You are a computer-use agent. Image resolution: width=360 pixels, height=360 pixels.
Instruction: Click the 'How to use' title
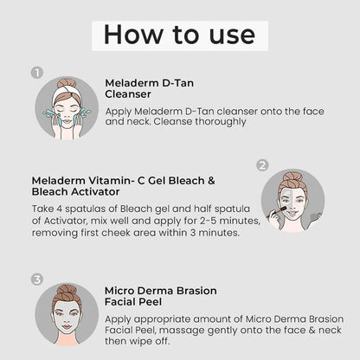179,35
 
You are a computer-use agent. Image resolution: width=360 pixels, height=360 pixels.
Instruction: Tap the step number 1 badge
37,73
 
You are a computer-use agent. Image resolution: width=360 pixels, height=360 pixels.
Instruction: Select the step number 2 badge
262,165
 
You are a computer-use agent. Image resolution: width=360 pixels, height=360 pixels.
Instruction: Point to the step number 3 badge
37,280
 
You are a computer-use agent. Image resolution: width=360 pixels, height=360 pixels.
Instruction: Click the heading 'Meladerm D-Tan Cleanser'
150,88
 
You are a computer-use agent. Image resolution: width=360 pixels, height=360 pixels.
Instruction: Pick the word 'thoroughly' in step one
221,122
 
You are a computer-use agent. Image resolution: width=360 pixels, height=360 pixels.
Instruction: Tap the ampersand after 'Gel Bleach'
211,181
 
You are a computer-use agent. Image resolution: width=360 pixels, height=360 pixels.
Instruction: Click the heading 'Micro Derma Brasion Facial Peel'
161,296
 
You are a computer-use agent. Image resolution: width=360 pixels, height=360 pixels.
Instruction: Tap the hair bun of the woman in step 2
292,177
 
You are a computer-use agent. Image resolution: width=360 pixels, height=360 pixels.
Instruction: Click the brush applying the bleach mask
276,212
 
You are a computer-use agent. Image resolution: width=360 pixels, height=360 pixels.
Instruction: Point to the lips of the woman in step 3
67,326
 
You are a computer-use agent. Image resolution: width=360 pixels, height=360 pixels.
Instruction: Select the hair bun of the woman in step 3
67,290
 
